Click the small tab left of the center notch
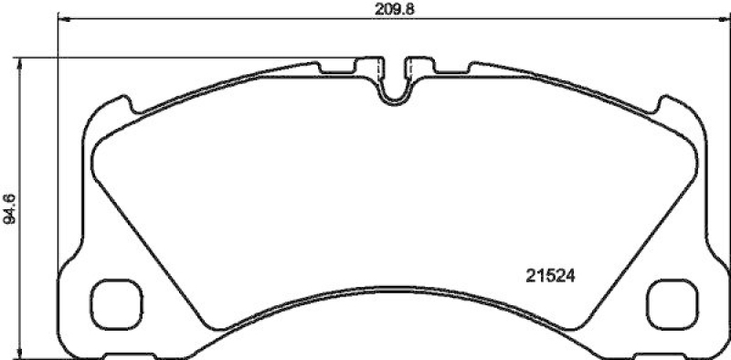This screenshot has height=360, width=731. coord(369,66)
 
